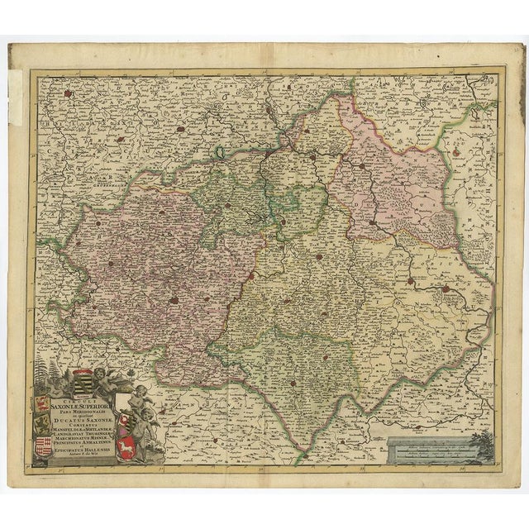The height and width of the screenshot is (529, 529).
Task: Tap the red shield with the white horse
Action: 126,449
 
